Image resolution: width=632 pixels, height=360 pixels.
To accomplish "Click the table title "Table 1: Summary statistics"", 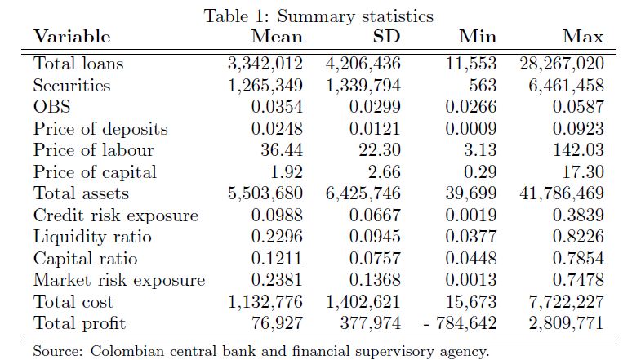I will pos(318,16).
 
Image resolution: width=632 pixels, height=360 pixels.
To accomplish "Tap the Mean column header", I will pos(277,37).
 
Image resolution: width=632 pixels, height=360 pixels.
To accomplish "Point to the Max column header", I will pos(583,37).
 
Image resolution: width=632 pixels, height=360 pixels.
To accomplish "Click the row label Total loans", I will pos(78,64).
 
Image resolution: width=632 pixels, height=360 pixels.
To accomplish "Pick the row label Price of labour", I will pos(93,150).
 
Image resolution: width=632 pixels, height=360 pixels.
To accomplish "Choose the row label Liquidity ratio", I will pos(92,238).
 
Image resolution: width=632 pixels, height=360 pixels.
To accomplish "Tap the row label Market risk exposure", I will pos(119,281).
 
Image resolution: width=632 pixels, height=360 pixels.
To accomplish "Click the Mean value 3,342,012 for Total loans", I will pos(265,64).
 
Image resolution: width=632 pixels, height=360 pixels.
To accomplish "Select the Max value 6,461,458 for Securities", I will pos(563,85).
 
